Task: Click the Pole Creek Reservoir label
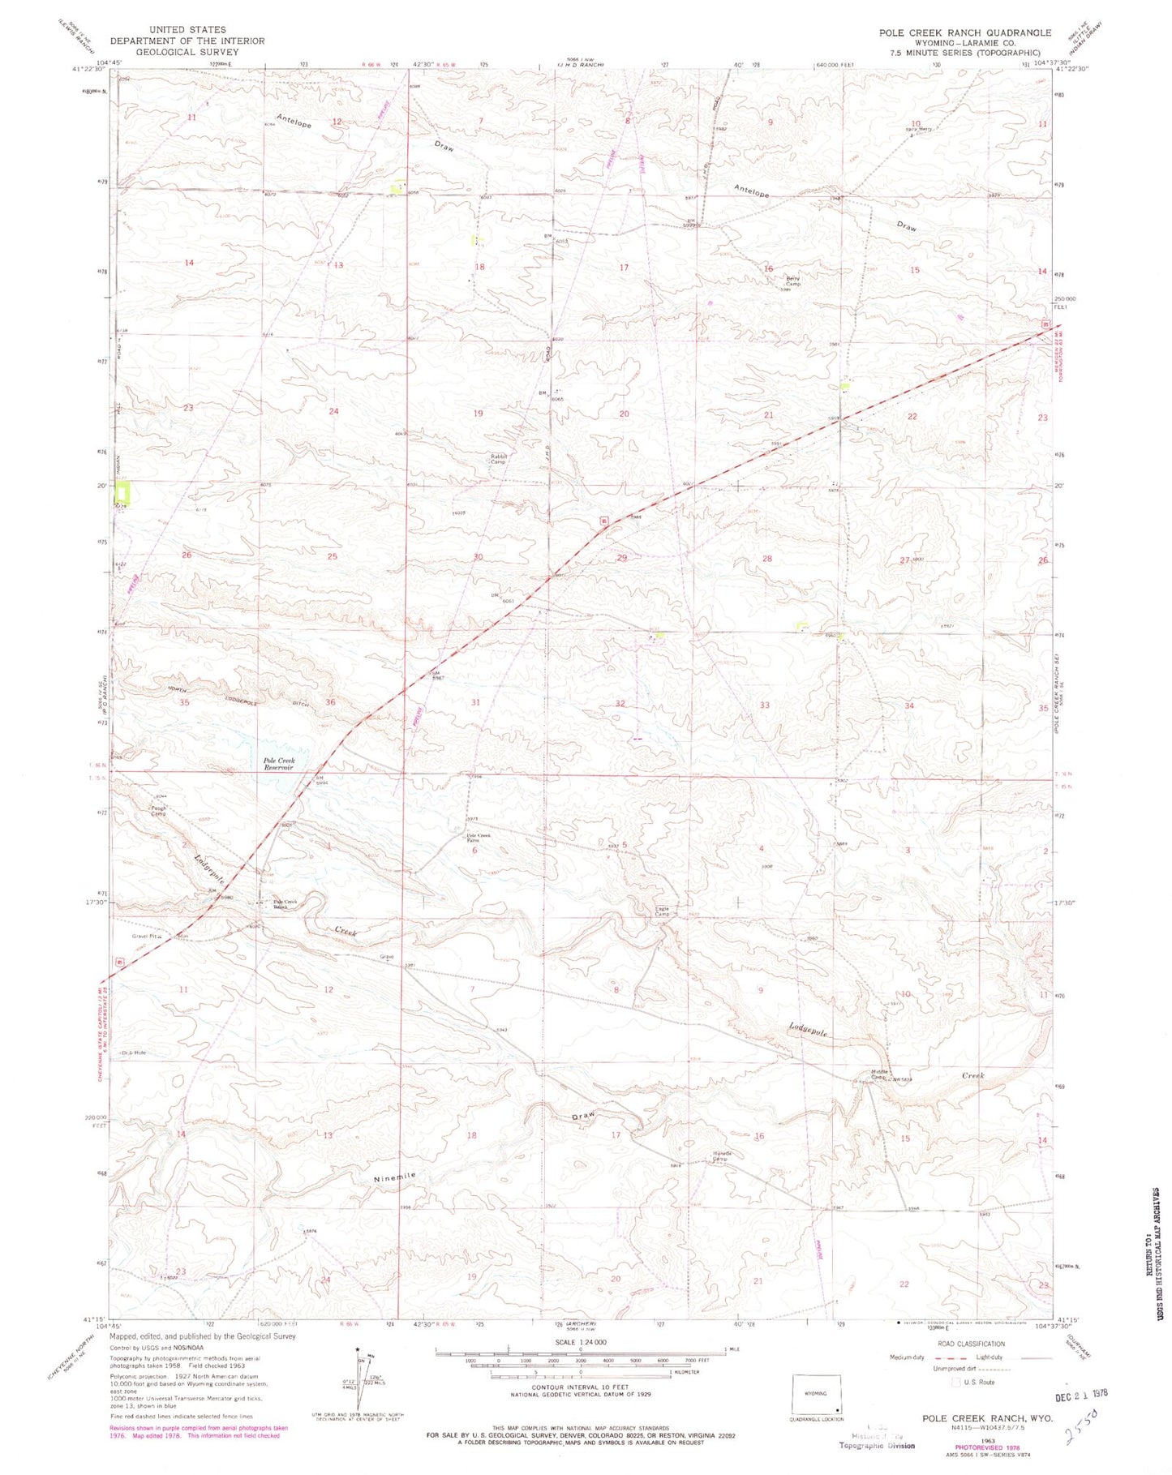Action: (278, 764)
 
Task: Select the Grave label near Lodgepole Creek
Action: (386, 957)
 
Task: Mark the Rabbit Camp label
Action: (499, 458)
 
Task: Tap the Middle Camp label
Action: (880, 1074)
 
